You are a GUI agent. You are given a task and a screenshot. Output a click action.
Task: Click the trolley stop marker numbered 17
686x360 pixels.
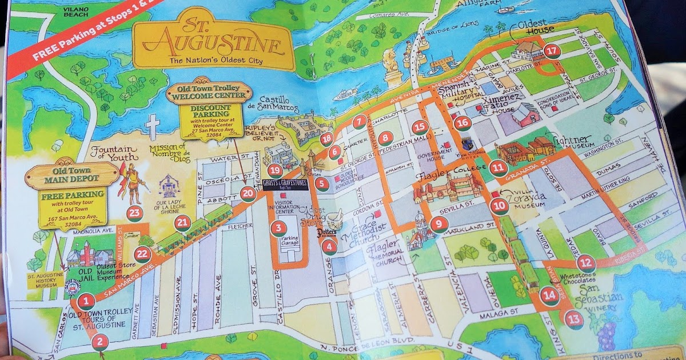[552, 51]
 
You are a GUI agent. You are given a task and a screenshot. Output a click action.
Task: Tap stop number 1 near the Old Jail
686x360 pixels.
[86, 300]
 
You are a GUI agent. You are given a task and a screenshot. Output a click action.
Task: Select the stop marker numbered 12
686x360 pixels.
[586, 263]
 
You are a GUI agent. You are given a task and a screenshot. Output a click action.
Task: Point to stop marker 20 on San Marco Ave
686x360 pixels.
[248, 194]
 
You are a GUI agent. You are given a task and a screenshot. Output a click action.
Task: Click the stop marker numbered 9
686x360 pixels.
[439, 224]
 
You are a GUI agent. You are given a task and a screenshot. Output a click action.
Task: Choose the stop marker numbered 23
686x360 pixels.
[134, 214]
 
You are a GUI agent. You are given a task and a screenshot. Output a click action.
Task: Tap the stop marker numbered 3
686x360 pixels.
[277, 229]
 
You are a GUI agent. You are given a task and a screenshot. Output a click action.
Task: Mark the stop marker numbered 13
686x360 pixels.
[575, 319]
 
